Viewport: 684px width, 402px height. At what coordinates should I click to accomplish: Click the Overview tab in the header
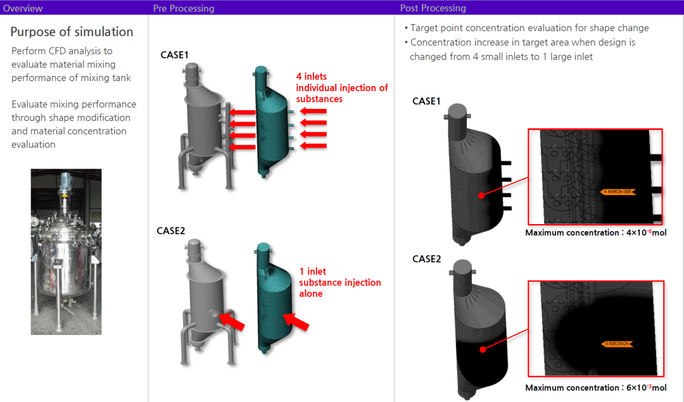23,8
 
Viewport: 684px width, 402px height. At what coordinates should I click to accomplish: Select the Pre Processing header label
184,8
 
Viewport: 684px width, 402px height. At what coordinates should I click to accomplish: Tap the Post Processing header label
433,8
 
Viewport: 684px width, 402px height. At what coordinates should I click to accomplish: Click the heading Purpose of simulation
72,32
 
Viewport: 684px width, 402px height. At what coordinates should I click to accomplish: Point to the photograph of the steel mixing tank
66,251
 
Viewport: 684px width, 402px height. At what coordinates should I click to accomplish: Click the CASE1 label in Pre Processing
174,55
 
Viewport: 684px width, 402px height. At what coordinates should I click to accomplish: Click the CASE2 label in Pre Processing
171,231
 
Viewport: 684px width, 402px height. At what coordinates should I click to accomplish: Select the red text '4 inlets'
312,77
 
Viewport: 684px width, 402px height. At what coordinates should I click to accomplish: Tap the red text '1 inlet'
313,272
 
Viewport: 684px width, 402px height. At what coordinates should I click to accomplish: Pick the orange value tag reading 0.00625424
617,344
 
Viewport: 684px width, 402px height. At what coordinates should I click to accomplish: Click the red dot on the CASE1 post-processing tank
481,196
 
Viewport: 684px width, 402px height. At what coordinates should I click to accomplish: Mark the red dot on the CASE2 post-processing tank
483,349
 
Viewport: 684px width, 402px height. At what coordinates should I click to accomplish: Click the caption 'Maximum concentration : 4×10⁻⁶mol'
595,233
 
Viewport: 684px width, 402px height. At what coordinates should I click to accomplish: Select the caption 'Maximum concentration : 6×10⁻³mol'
595,387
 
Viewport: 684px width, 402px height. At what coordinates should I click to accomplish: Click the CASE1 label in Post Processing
426,101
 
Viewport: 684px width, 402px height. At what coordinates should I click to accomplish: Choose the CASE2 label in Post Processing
426,259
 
